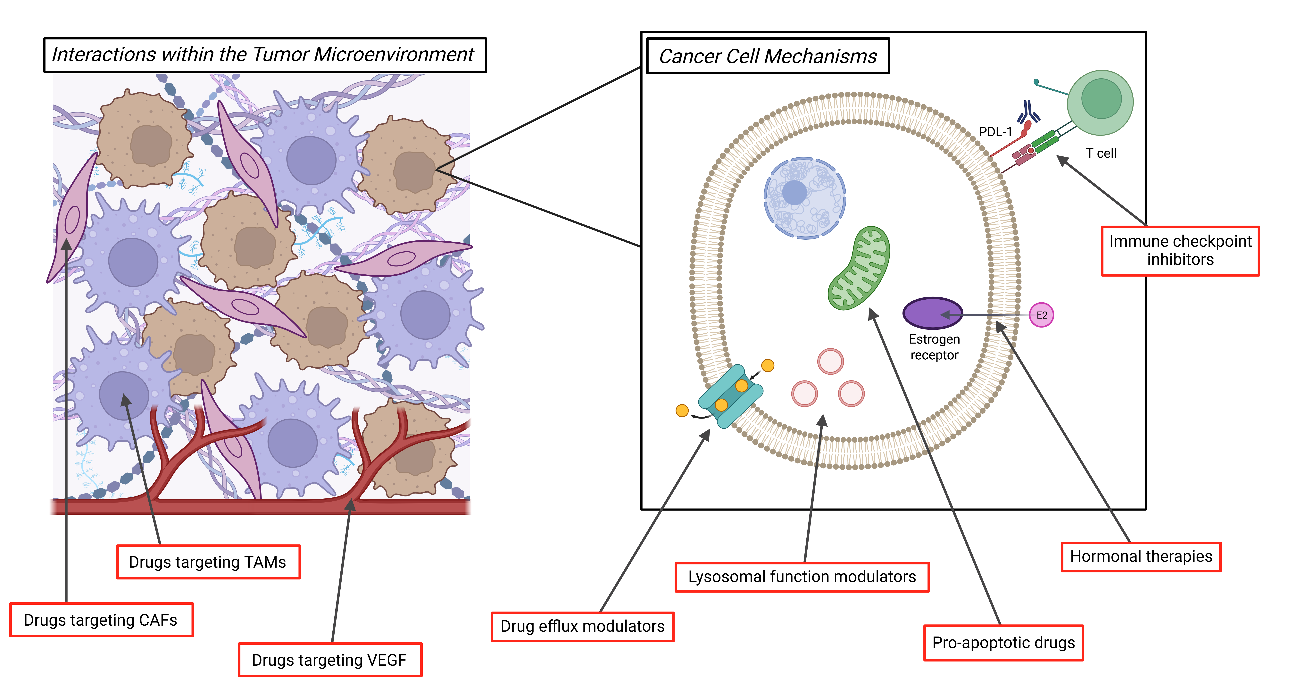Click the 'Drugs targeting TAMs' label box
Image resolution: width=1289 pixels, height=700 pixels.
tap(208, 562)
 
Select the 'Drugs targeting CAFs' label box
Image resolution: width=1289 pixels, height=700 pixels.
tap(101, 620)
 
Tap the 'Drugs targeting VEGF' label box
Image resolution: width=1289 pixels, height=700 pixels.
tap(330, 660)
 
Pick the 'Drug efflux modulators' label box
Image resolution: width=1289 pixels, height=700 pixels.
tap(582, 626)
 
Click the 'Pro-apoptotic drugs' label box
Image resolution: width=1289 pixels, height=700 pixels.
tap(1003, 642)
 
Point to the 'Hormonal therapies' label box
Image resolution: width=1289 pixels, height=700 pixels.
tap(1141, 556)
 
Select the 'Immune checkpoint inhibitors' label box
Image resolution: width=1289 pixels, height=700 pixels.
tap(1180, 251)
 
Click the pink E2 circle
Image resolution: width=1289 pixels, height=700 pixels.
tap(1041, 315)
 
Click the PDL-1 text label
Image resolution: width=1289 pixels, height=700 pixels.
tap(995, 132)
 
